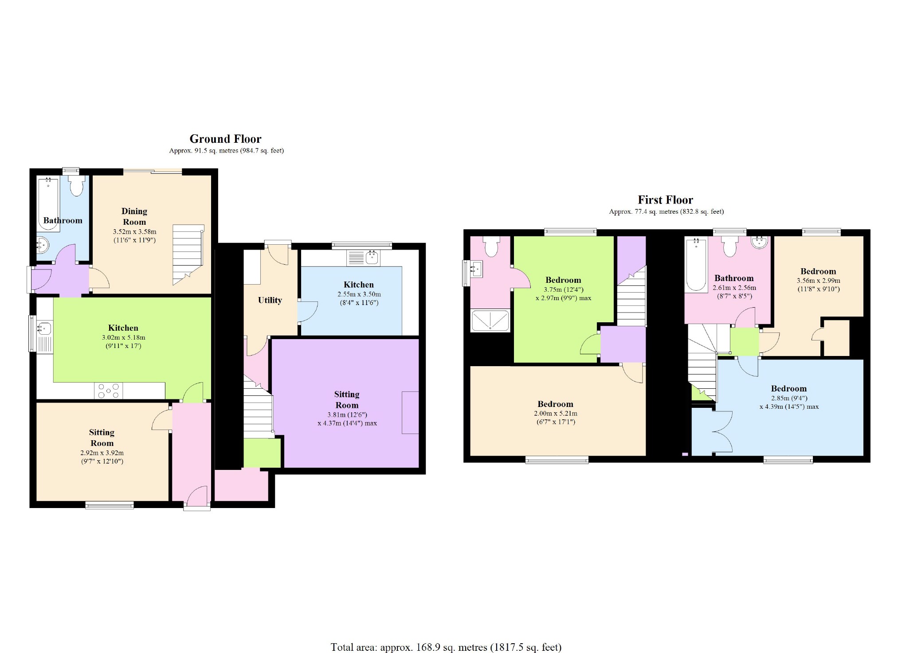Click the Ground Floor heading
[225, 139]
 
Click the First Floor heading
[665, 200]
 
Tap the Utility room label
[270, 300]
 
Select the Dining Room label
[134, 216]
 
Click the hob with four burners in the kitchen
[109, 391]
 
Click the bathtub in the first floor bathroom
[696, 265]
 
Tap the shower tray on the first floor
[490, 321]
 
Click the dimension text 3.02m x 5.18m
[123, 337]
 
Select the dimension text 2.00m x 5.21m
[555, 413]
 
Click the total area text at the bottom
[446, 647]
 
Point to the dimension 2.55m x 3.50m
[359, 294]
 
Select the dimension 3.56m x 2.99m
[818, 281]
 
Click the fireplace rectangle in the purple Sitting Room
[410, 412]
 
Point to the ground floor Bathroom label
[63, 220]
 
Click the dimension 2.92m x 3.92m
[102, 453]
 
